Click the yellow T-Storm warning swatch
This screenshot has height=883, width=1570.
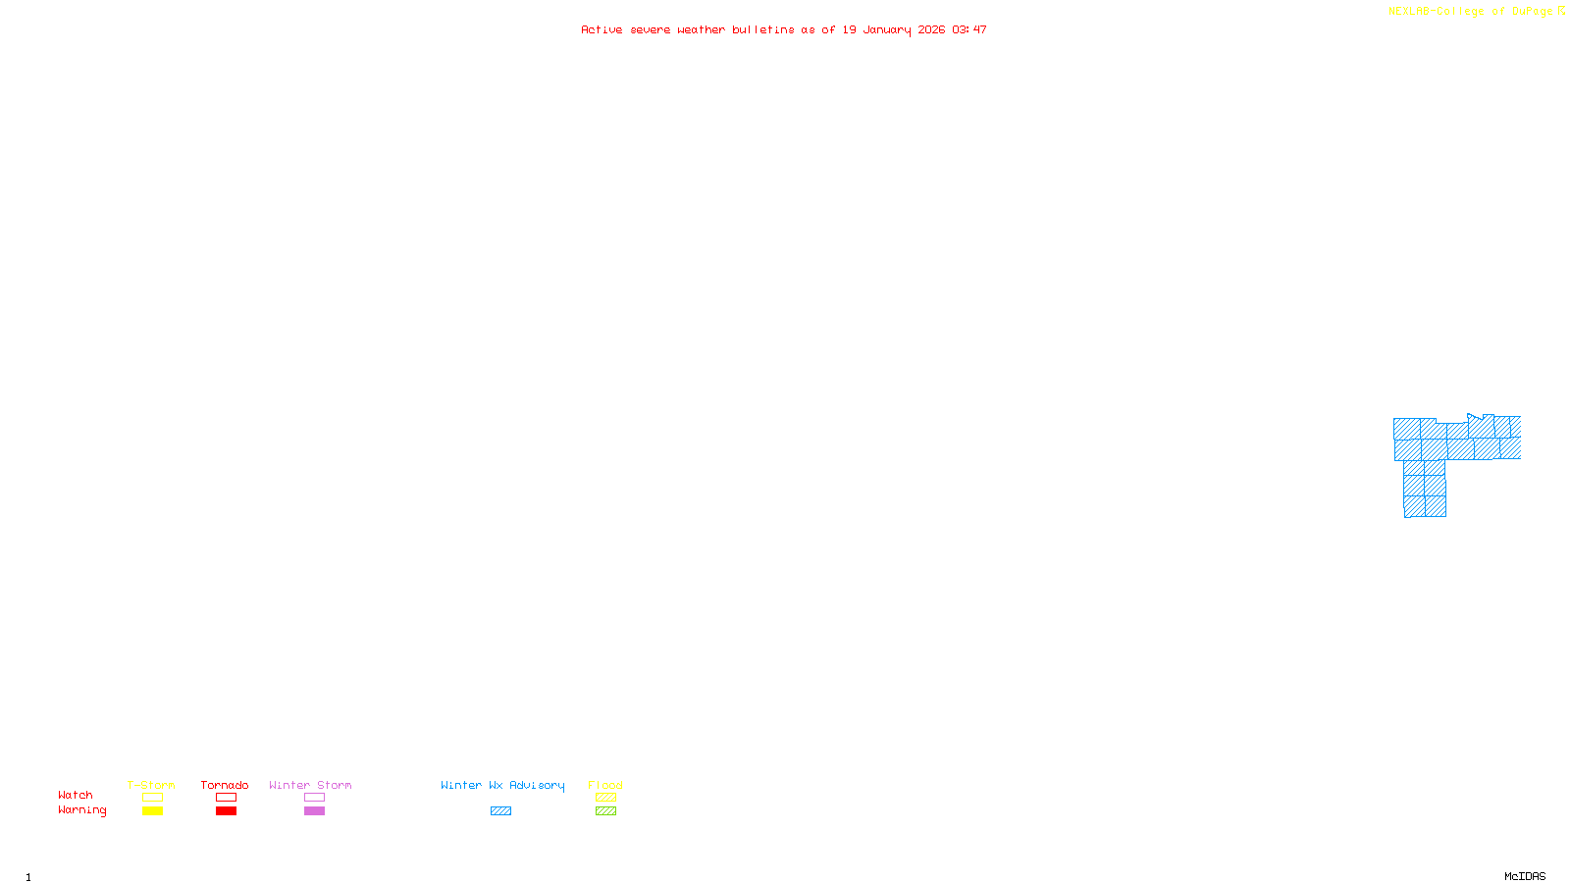click(x=152, y=811)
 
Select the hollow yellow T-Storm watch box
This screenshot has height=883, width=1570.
click(x=152, y=798)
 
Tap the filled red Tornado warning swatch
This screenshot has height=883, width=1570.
click(x=226, y=811)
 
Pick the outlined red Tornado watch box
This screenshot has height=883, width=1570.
click(x=226, y=798)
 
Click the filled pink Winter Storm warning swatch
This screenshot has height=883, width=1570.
click(x=314, y=811)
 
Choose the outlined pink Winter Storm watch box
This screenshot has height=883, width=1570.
click(x=314, y=798)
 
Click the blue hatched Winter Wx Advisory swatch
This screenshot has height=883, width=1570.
click(x=500, y=811)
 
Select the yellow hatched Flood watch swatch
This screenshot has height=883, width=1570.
click(x=605, y=798)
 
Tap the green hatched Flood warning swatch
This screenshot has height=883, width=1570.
click(x=605, y=811)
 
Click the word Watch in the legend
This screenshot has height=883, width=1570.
click(x=76, y=796)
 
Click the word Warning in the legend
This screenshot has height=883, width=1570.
click(x=81, y=810)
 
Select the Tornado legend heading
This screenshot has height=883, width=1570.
click(x=225, y=785)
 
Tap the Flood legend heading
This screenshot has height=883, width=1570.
click(x=605, y=785)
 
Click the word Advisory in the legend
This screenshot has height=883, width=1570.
click(x=537, y=785)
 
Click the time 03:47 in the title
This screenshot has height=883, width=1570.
click(x=968, y=29)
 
